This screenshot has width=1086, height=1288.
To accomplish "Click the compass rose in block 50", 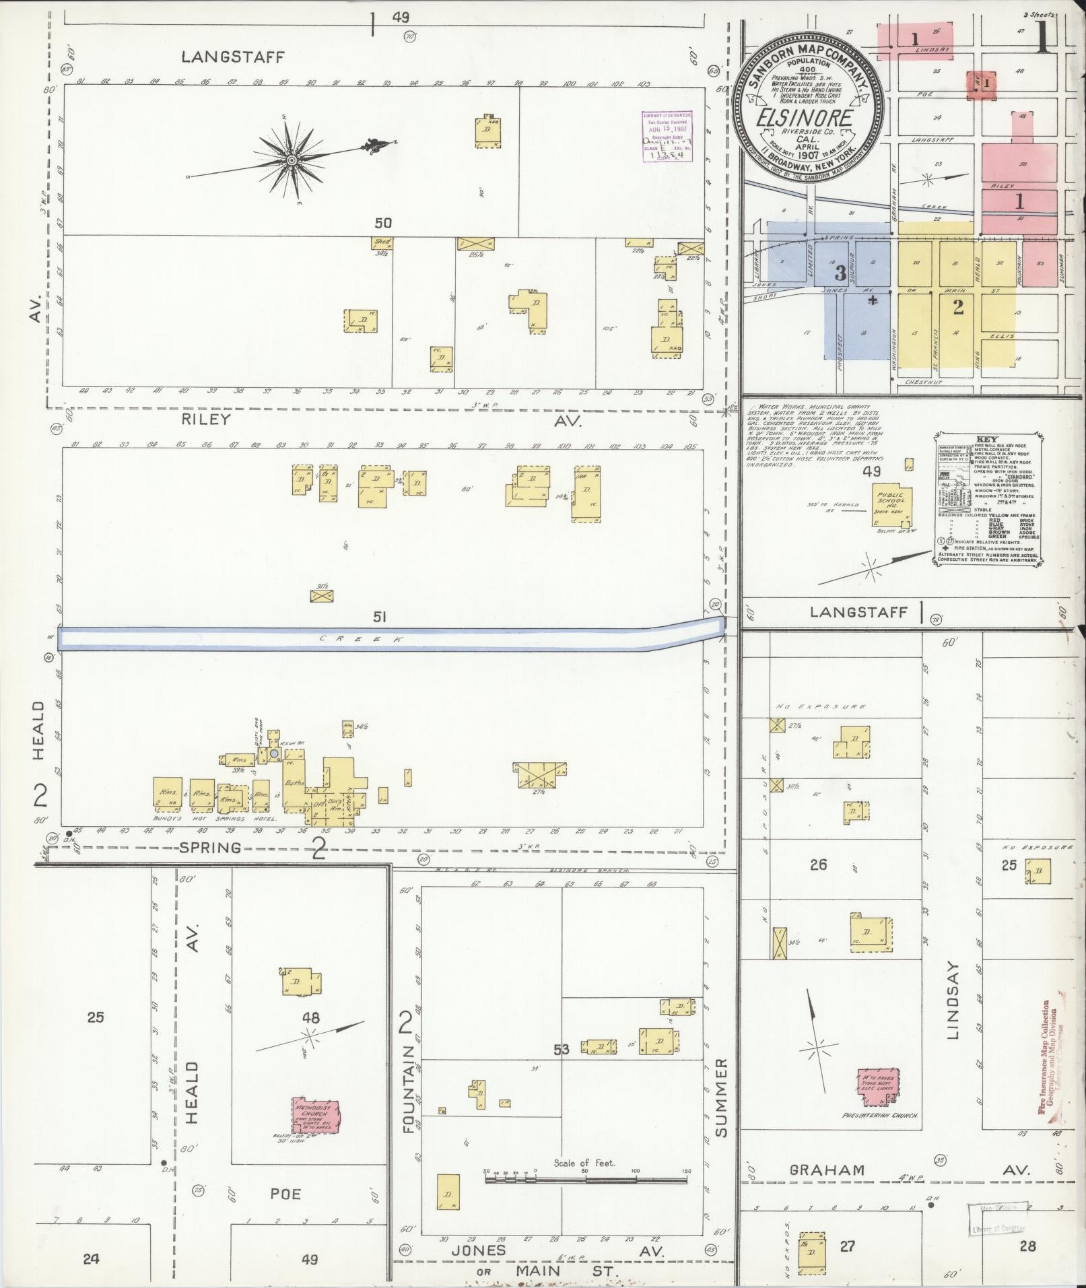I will (x=291, y=160).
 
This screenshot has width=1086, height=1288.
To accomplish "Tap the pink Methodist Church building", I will (x=316, y=1117).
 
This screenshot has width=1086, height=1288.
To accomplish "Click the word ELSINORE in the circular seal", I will (x=805, y=118).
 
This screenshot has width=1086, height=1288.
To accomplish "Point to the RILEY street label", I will (x=206, y=419).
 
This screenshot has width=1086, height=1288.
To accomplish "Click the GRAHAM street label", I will (x=827, y=1170).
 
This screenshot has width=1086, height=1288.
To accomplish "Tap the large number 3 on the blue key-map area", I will (x=840, y=273).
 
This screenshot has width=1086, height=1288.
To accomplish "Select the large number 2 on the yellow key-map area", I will (x=958, y=307).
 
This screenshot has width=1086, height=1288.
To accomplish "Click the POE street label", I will (x=285, y=1194).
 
